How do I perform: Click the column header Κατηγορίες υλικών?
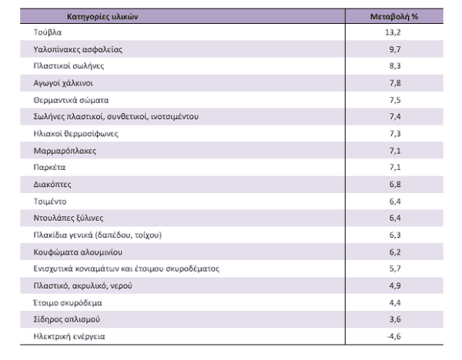coord(102,16)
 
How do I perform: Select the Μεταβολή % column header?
coord(394,16)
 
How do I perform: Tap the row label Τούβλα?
coord(48,32)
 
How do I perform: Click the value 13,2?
coord(393,32)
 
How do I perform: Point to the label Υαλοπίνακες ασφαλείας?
coord(78,49)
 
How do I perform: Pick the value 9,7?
coord(395,49)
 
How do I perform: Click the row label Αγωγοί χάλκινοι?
coord(63,83)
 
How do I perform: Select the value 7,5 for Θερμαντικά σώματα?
coord(395,100)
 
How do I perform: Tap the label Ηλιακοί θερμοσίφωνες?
coord(75,134)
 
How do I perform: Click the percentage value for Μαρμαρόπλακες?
coord(395,151)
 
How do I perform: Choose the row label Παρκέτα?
coord(49,167)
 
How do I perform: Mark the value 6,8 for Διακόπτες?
coord(395,185)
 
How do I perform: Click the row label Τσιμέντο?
coord(50,202)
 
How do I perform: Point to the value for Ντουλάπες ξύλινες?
coord(395,218)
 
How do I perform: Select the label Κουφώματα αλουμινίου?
coord(78,252)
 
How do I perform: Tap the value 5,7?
coord(395,268)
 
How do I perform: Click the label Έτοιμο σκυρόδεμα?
coord(68,302)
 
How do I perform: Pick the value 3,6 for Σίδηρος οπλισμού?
coord(395,319)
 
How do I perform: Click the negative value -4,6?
coord(393,336)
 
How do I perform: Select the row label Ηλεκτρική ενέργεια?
coord(69,336)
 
